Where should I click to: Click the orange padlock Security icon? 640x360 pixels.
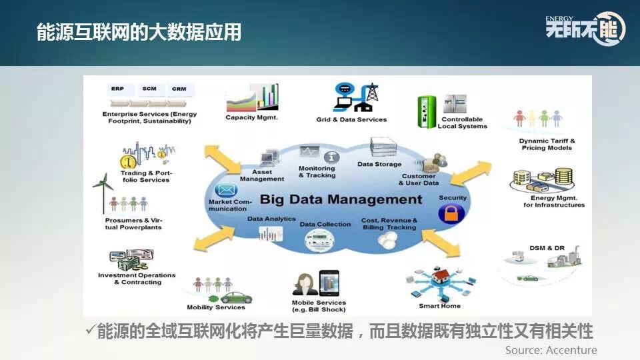tap(451, 214)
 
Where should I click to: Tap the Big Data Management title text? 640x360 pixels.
tap(341, 199)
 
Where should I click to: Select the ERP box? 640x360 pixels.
tap(117, 89)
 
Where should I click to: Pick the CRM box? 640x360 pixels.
tap(179, 89)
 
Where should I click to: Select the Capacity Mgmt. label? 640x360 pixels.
tap(251, 118)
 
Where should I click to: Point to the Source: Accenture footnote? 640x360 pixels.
tap(551, 350)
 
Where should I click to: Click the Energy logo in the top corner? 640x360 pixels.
tap(585, 29)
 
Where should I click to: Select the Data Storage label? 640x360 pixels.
tap(379, 164)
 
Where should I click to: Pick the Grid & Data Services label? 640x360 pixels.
tap(351, 120)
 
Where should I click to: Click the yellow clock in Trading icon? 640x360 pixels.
tap(128, 161)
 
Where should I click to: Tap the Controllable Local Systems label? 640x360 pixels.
tap(462, 123)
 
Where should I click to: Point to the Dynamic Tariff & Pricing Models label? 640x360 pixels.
tap(547, 145)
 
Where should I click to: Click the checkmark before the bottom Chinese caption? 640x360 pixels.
tap(91, 331)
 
